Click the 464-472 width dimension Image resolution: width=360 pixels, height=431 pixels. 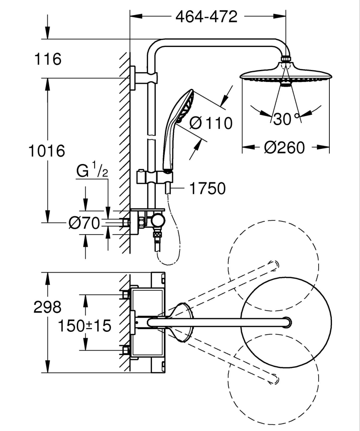click(206, 16)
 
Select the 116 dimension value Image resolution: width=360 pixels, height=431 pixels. click(47, 59)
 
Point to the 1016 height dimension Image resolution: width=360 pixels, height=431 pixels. click(47, 151)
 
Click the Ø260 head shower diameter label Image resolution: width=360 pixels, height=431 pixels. click(284, 148)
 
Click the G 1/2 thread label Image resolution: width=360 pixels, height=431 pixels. click(92, 171)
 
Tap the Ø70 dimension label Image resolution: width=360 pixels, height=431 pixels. click(84, 223)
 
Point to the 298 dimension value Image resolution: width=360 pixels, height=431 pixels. click(48, 307)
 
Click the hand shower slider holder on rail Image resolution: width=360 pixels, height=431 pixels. click(154, 177)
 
